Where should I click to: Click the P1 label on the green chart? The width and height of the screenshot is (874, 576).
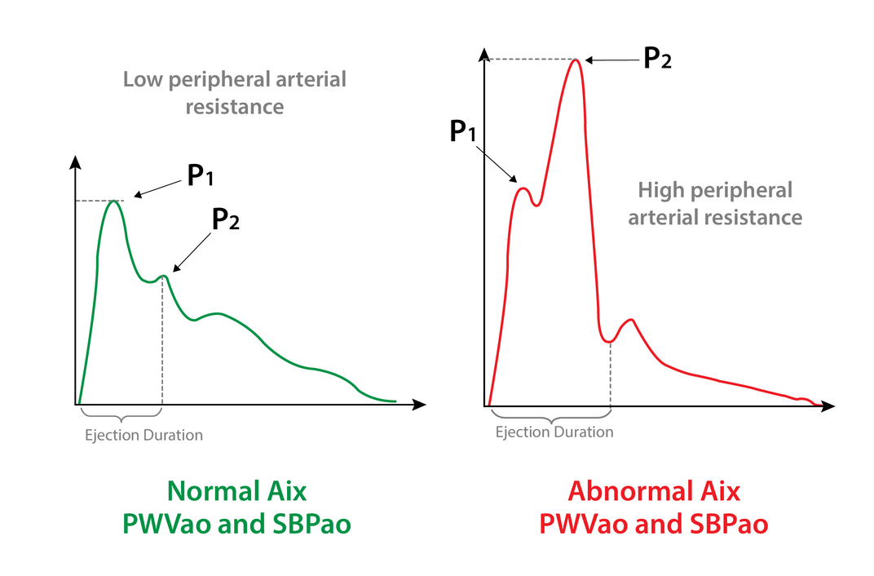[x=201, y=176]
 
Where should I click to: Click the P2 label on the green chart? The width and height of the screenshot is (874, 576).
[x=226, y=219]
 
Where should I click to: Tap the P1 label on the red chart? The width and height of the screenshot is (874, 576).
[x=462, y=131]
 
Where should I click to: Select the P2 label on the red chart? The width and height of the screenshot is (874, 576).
[x=657, y=58]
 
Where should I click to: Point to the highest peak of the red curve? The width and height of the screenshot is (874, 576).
[x=576, y=60]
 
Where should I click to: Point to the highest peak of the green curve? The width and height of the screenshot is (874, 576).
[x=113, y=202]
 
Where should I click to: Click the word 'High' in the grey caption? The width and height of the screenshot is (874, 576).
[x=661, y=191]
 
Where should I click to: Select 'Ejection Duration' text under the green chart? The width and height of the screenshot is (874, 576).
[x=143, y=435]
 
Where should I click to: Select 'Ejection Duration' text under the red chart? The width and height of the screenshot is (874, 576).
[x=554, y=432]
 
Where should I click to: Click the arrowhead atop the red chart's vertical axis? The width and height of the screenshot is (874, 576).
[x=485, y=55]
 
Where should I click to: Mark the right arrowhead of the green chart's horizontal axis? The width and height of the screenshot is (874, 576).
[x=420, y=404]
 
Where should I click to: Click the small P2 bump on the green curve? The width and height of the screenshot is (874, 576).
[x=164, y=277]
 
